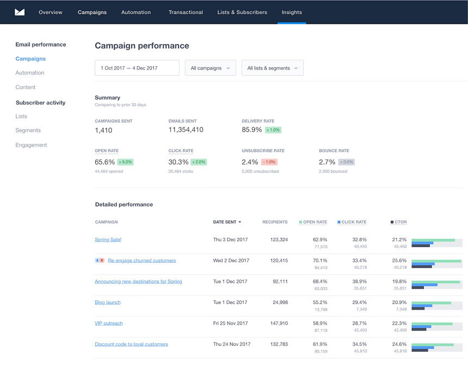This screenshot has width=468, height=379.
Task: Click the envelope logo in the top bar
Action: (20, 12)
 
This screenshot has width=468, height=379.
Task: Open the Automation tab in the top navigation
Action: (136, 12)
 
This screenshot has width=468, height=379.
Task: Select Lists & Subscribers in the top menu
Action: (242, 12)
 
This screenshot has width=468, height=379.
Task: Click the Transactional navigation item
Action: (186, 12)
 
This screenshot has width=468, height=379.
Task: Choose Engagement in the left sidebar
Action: (31, 145)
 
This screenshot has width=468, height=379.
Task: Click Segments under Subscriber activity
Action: (28, 130)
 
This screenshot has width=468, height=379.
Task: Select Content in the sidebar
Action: (26, 87)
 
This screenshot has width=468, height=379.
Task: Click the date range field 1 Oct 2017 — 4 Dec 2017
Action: (137, 68)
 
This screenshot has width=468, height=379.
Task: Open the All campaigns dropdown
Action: (210, 68)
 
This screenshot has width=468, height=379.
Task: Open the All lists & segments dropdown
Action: (272, 68)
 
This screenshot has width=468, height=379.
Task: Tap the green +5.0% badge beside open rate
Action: (125, 162)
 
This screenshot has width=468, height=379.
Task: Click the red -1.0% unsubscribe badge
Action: (269, 162)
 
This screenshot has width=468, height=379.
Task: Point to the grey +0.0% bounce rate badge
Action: (347, 162)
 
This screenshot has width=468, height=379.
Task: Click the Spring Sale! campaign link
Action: (108, 239)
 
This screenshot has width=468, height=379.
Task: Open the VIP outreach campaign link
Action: (109, 323)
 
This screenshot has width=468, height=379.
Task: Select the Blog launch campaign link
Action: (108, 302)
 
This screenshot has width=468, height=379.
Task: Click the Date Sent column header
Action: (227, 222)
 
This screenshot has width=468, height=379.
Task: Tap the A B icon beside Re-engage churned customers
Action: (100, 261)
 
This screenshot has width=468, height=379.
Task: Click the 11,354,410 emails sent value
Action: (186, 130)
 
